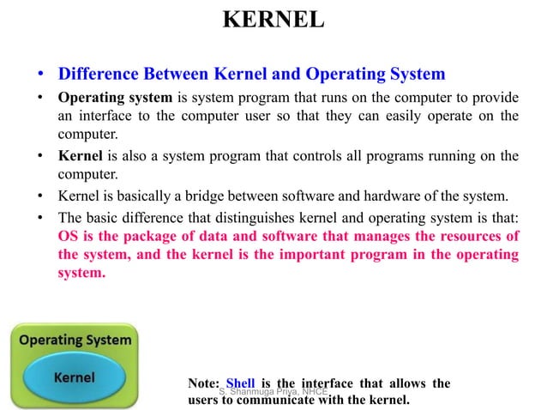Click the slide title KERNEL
click(x=273, y=20)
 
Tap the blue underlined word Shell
click(x=241, y=383)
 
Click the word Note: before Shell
click(x=203, y=383)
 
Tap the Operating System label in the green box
click(x=75, y=339)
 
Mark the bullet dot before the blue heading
click(x=39, y=74)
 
